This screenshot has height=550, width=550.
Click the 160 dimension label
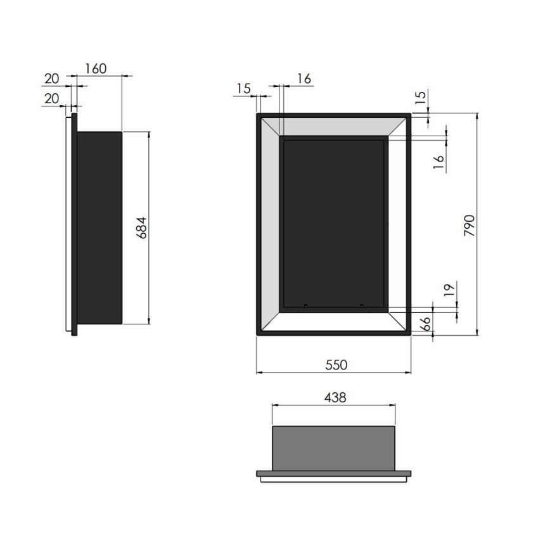pyautogui.click(x=96, y=68)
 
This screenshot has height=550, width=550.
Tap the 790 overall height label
pyautogui.click(x=470, y=226)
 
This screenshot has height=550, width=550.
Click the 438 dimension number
pyautogui.click(x=335, y=397)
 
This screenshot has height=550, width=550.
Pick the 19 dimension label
pyautogui.click(x=449, y=290)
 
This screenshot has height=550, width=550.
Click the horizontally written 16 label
pyautogui.click(x=304, y=79)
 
